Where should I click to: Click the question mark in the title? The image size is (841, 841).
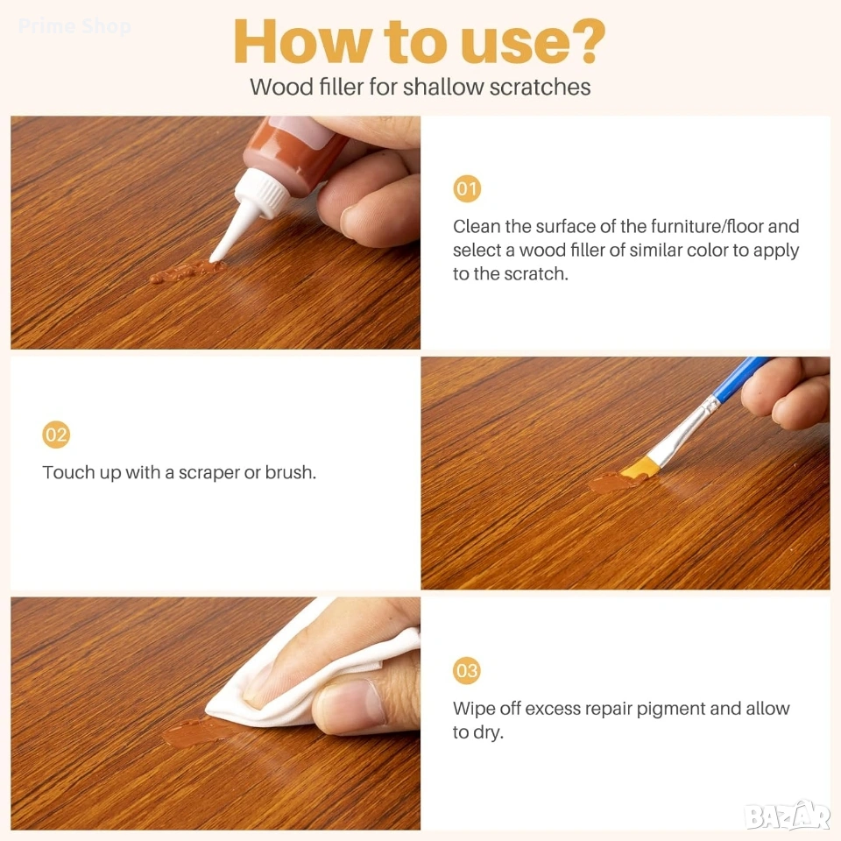pyautogui.click(x=586, y=41)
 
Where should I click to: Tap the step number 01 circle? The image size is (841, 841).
pyautogui.click(x=467, y=189)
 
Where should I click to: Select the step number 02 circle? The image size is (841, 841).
pyautogui.click(x=56, y=435)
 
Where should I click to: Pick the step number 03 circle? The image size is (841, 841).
pyautogui.click(x=467, y=670)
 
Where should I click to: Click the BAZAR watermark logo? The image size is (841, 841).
pyautogui.click(x=788, y=816)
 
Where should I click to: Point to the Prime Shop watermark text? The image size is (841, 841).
pyautogui.click(x=74, y=25)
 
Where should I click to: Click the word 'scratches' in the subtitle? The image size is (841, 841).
pyautogui.click(x=540, y=87)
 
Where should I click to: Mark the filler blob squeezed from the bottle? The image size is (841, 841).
pyautogui.click(x=187, y=272)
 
